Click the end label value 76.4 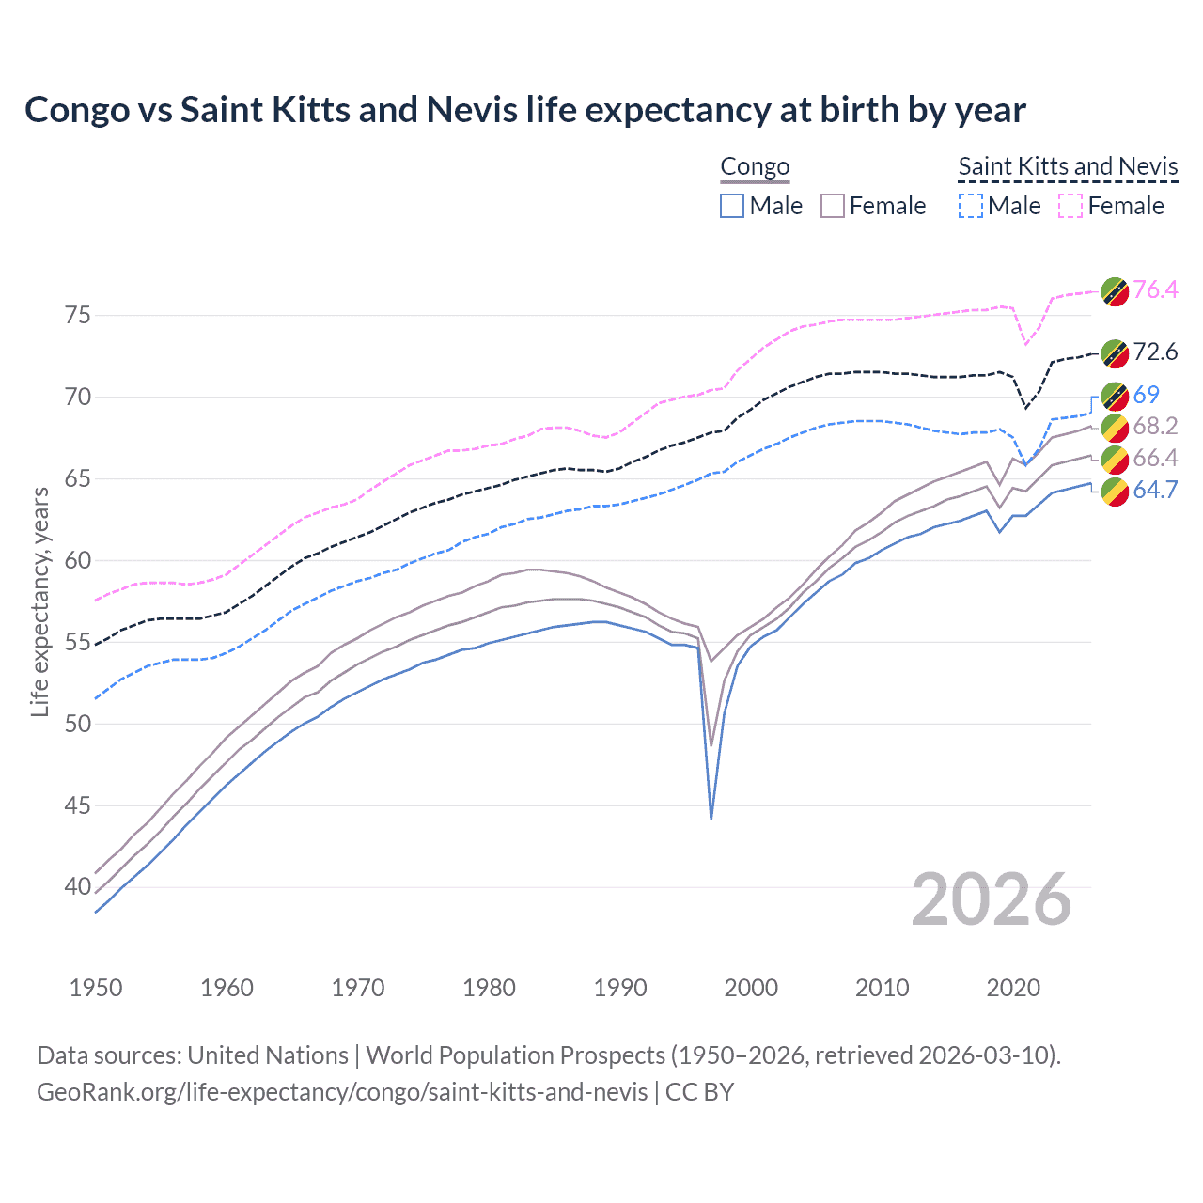click(x=1155, y=289)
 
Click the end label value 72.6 click(x=1155, y=352)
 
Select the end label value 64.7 click(x=1155, y=490)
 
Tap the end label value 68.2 click(x=1155, y=426)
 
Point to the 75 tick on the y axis click(x=79, y=315)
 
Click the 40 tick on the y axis click(x=79, y=886)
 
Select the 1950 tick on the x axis click(x=96, y=988)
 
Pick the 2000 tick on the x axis click(x=751, y=988)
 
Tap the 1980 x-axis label click(x=489, y=988)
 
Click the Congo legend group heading click(x=755, y=167)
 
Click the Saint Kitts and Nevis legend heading click(x=1068, y=167)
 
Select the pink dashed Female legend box click(x=1070, y=206)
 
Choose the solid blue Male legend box click(x=732, y=206)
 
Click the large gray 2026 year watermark click(x=991, y=899)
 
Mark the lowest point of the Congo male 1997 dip click(x=711, y=818)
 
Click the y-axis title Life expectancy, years click(x=40, y=601)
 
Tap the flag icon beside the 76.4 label click(x=1115, y=290)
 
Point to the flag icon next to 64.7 click(x=1115, y=491)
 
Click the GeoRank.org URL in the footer click(x=342, y=1092)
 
